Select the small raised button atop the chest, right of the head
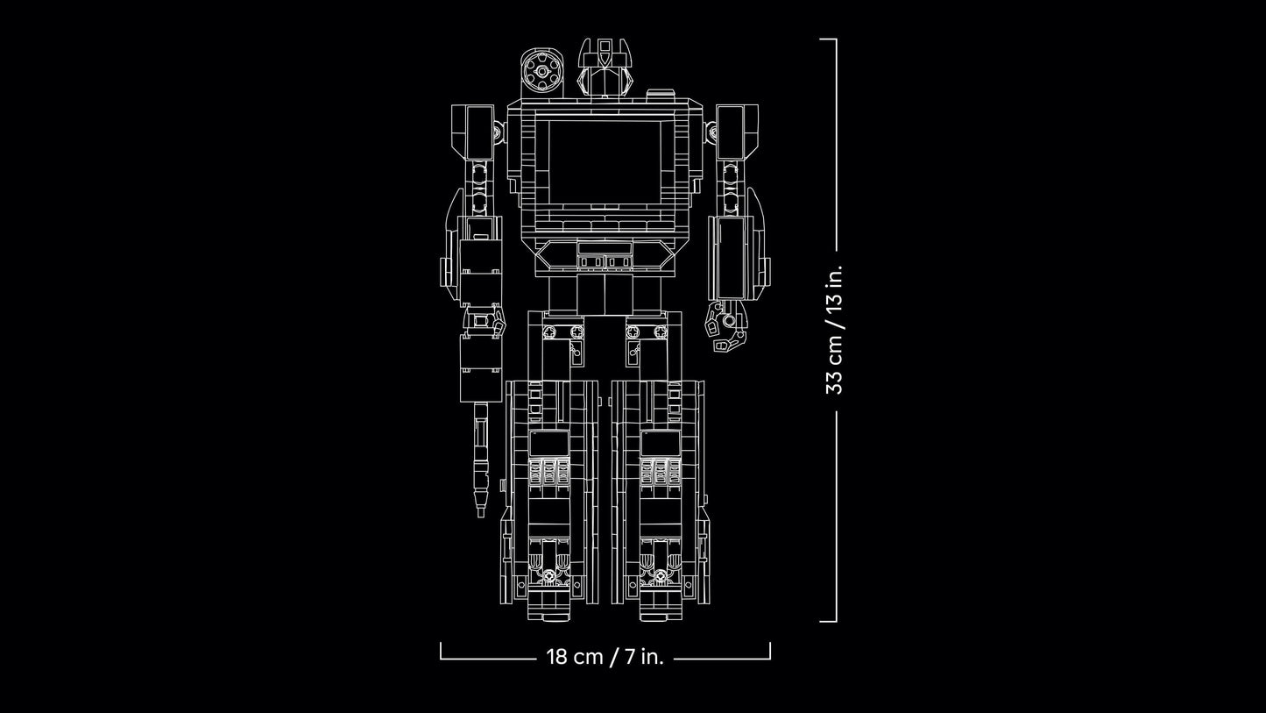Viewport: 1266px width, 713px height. tap(661, 93)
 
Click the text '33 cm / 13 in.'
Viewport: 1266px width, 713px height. tap(833, 330)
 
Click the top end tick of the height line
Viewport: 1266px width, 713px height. tap(828, 39)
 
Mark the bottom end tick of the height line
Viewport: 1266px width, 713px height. tap(828, 621)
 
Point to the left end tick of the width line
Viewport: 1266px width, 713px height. tap(441, 650)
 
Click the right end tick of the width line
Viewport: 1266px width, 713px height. tap(769, 650)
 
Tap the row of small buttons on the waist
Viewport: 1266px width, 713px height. tap(604, 261)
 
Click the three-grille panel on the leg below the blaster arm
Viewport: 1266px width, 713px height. tap(548, 472)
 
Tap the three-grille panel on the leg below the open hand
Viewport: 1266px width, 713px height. tap(660, 472)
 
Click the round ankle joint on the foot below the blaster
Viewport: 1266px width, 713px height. tap(549, 577)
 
